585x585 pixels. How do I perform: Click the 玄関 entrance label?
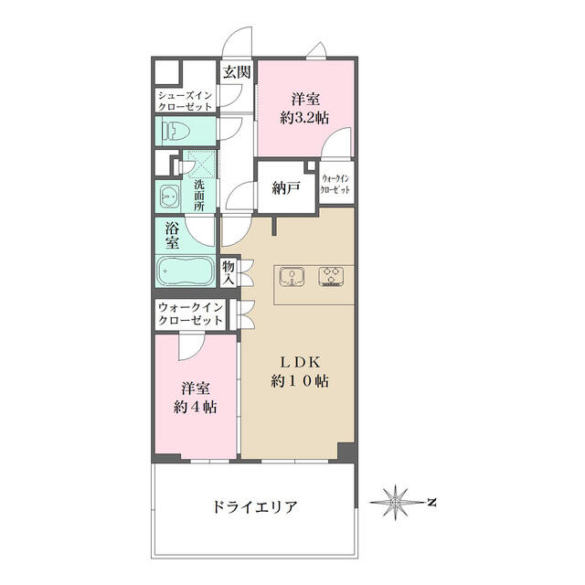pyautogui.click(x=237, y=72)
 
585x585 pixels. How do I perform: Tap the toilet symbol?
pyautogui.click(x=176, y=132)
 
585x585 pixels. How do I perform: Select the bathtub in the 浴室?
pyautogui.click(x=185, y=271)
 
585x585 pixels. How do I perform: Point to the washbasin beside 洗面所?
pyautogui.click(x=169, y=196)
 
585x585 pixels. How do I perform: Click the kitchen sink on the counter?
pyautogui.click(x=292, y=276)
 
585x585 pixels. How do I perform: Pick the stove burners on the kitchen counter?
pyautogui.click(x=331, y=276)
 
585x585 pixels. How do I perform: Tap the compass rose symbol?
pyautogui.click(x=395, y=503)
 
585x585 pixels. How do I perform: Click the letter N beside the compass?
pyautogui.click(x=431, y=502)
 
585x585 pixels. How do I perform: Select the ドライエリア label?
pyautogui.click(x=255, y=507)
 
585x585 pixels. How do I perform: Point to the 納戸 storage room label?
pyautogui.click(x=286, y=188)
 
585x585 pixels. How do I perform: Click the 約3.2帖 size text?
pyautogui.click(x=304, y=118)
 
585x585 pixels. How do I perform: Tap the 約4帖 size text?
pyautogui.click(x=195, y=407)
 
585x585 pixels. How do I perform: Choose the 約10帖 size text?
pyautogui.click(x=300, y=381)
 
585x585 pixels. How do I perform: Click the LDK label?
pyautogui.click(x=300, y=362)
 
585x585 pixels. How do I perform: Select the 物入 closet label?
pyautogui.click(x=229, y=272)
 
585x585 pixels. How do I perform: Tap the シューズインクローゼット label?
pyautogui.click(x=185, y=101)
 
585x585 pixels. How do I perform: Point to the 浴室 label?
pyautogui.click(x=172, y=236)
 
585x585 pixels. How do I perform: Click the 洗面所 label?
pyautogui.click(x=199, y=195)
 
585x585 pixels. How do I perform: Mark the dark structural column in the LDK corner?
pyautogui.click(x=346, y=451)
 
